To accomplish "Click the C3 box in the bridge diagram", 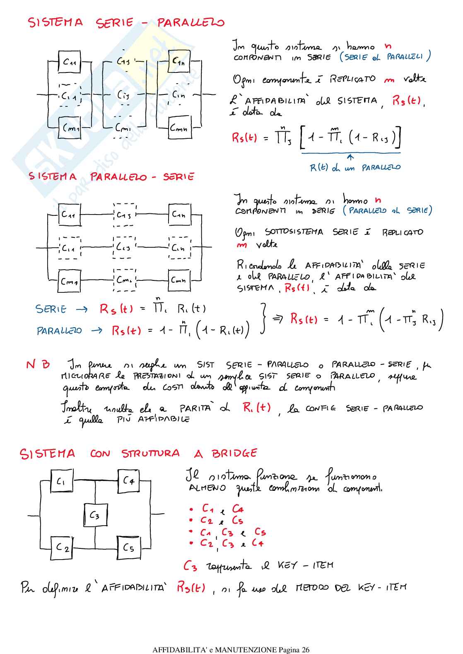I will click(96, 515).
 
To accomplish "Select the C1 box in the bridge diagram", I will click(62, 482).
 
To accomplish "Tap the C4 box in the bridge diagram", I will click(128, 481).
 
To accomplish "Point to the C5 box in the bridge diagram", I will click(129, 548).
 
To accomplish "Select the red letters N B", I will click(38, 364).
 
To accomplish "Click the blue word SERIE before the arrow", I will click(51, 309).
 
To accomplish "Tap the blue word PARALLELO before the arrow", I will click(59, 331).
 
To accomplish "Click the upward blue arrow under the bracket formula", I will click(350, 157).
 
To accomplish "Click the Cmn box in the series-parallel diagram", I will click(179, 128).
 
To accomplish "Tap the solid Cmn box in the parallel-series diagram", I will click(179, 280).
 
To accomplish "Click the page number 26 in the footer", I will click(305, 649).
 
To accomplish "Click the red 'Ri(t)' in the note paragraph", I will click(257, 408).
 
